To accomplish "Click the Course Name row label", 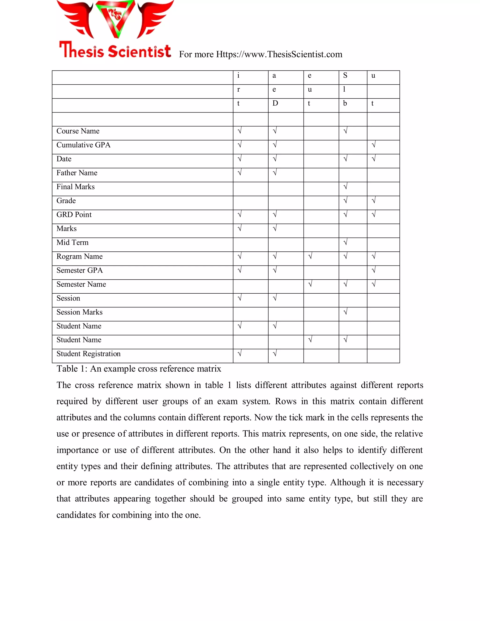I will pyautogui.click(x=78, y=131).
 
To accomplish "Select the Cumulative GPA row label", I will pyautogui.click(x=83, y=145).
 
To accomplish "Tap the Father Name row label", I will pyautogui.click(x=77, y=173).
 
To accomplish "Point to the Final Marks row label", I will pyautogui.click(x=75, y=187).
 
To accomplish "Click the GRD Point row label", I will pyautogui.click(x=74, y=215).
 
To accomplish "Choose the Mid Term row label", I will pyautogui.click(x=72, y=243).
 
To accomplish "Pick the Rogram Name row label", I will pyautogui.click(x=79, y=256).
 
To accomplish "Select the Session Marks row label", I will pyautogui.click(x=79, y=312).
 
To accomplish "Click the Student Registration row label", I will pyautogui.click(x=88, y=354).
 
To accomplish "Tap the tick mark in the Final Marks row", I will pyautogui.click(x=345, y=187).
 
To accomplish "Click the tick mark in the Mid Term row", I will pyautogui.click(x=345, y=242).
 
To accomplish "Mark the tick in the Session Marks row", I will pyautogui.click(x=345, y=312).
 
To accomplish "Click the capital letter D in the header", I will pyautogui.click(x=275, y=103).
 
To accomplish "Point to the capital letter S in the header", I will pyautogui.click(x=345, y=75).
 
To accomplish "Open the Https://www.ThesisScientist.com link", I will pyautogui.click(x=279, y=54).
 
